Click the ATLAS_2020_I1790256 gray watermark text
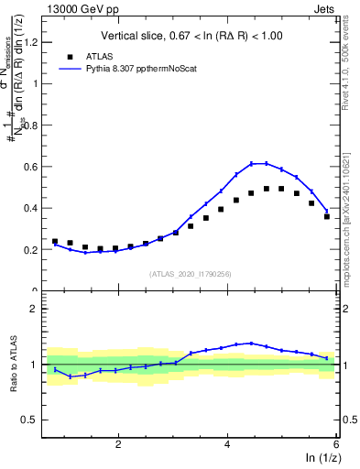click(190, 273)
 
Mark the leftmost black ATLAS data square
click(55, 241)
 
